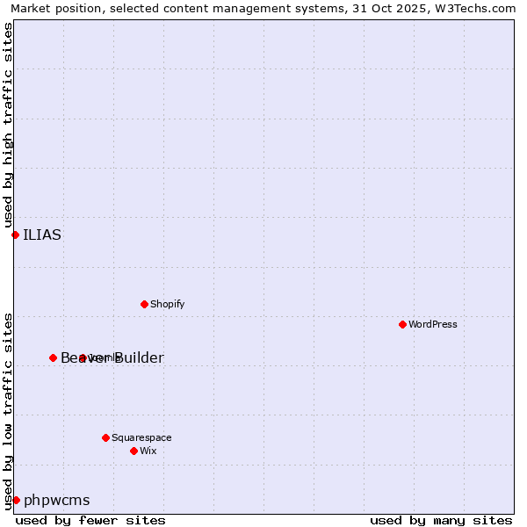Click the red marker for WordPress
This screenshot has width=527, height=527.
pos(402,324)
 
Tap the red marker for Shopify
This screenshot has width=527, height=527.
pos(144,304)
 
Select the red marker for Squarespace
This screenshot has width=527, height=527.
pos(105,437)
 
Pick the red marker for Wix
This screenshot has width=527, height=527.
pos(134,451)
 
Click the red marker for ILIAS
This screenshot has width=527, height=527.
pos(15,235)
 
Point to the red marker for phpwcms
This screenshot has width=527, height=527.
pos(16,500)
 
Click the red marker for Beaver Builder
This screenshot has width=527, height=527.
pos(53,357)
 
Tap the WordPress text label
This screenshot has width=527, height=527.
pos(433,324)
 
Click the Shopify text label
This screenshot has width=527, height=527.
pos(167,304)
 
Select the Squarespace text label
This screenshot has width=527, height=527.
pos(141,437)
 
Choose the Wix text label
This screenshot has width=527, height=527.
pos(148,451)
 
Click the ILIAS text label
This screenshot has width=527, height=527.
pos(42,235)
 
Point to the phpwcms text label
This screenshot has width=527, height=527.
pos(56,500)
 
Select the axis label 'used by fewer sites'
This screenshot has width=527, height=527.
pos(90,520)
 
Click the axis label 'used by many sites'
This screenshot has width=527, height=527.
pos(441,520)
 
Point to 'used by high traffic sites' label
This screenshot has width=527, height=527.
pos(8,123)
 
